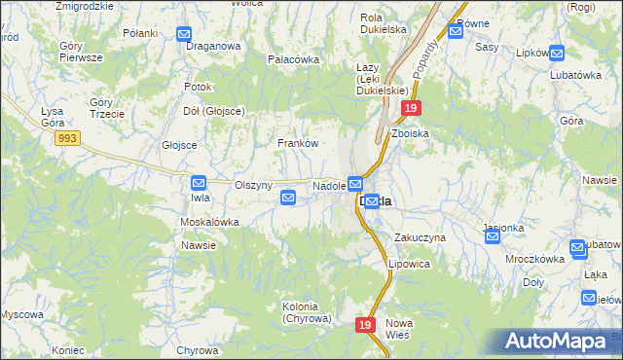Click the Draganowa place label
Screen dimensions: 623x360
[x=212, y=45]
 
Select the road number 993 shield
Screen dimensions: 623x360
[x=67, y=139]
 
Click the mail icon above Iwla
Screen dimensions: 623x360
[x=199, y=182]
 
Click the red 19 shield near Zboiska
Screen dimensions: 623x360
[x=412, y=109]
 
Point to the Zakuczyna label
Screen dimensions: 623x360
[x=420, y=237]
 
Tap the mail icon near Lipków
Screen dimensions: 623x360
[x=557, y=53]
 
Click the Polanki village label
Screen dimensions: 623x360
[x=140, y=33]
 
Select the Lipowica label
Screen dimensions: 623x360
[x=409, y=264]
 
